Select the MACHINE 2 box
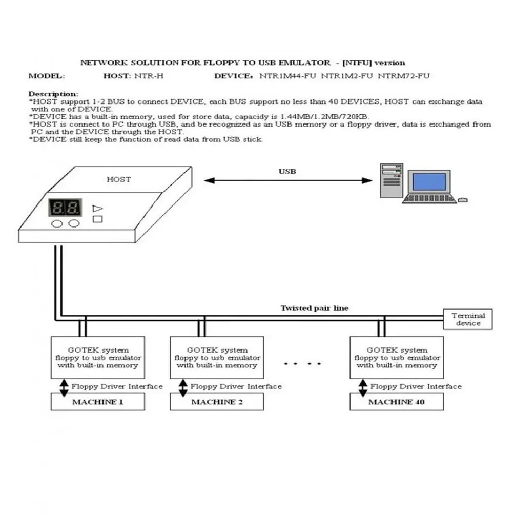pos(217,402)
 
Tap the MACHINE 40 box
pos(396,402)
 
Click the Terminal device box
pos(468,319)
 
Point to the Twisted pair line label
pos(314,308)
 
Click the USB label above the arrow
pos(287,171)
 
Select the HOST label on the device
pos(118,179)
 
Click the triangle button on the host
pos(97,208)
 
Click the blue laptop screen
pos(429,181)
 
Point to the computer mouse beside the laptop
pos(462,199)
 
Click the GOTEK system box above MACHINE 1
pos(97,357)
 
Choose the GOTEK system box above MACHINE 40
pos(396,357)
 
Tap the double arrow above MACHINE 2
pos(182,387)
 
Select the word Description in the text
pos(53,94)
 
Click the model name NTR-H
pos(149,76)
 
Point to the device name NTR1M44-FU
pos(288,76)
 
